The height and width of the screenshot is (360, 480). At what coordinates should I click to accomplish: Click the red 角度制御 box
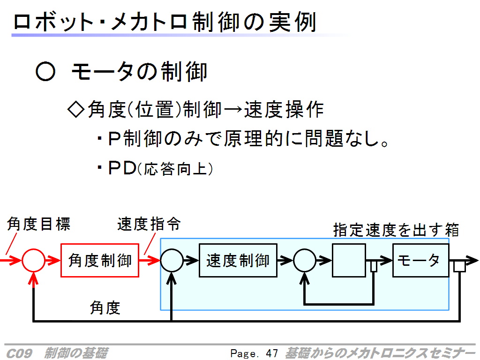[x=100, y=260]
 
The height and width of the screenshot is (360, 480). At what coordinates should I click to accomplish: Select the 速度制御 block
[x=238, y=260]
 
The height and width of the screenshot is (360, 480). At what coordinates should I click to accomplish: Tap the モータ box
[x=420, y=260]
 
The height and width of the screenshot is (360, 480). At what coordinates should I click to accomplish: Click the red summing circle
[x=34, y=260]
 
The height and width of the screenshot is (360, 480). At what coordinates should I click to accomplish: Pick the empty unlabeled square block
[x=349, y=260]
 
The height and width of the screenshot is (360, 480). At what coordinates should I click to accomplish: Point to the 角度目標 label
[x=38, y=225]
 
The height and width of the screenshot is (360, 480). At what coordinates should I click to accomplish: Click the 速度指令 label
[x=149, y=225]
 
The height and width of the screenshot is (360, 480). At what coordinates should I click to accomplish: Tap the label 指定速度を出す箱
[x=396, y=230]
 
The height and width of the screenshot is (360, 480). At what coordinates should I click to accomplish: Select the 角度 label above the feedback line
[x=105, y=307]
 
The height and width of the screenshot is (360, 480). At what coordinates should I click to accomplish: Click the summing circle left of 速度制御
[x=172, y=260]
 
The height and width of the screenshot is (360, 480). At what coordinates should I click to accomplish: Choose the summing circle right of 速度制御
[x=305, y=260]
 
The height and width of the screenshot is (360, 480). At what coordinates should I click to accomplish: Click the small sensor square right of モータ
[x=459, y=266]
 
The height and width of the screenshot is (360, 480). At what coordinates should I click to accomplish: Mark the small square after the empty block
[x=374, y=266]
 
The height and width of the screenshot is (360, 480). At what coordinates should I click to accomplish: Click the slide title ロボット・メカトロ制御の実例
[x=165, y=22]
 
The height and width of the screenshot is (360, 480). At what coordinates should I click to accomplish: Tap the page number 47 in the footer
[x=271, y=353]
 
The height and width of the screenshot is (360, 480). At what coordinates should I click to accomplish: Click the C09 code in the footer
[x=19, y=353]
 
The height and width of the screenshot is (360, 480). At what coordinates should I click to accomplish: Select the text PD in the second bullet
[x=121, y=168]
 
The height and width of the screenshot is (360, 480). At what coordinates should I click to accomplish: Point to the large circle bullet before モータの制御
[x=45, y=72]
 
